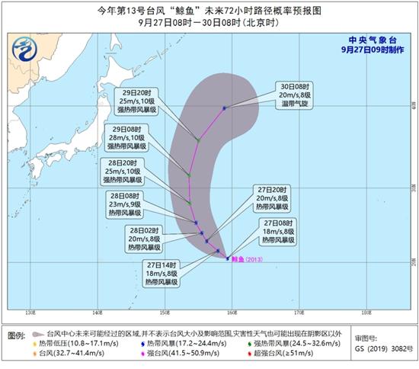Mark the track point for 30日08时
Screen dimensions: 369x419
pos(224,108)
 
